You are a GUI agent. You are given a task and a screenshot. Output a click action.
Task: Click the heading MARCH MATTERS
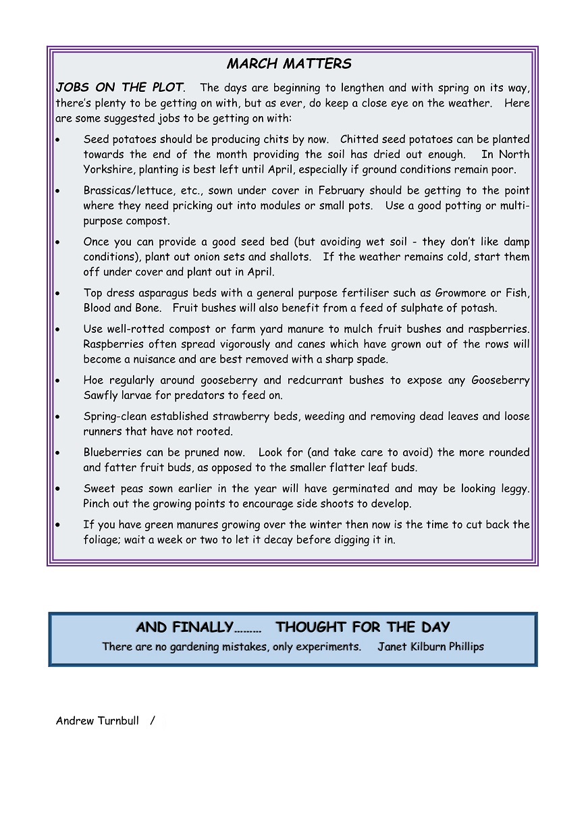click(x=289, y=64)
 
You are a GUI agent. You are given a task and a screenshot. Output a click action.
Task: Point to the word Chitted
click(x=360, y=140)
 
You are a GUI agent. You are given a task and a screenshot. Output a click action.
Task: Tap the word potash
click(x=479, y=308)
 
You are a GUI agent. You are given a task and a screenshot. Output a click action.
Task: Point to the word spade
click(x=373, y=359)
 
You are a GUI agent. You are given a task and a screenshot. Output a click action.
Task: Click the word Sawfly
click(x=102, y=396)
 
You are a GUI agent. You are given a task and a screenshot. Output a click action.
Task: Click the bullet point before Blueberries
click(x=59, y=452)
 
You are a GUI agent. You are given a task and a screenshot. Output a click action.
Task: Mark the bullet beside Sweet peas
click(x=59, y=489)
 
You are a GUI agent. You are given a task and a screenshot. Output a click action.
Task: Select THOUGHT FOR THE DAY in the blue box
click(x=363, y=627)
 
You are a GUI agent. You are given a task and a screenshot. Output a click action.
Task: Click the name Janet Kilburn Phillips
click(x=431, y=647)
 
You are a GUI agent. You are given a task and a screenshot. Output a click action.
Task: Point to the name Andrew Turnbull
click(x=97, y=721)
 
